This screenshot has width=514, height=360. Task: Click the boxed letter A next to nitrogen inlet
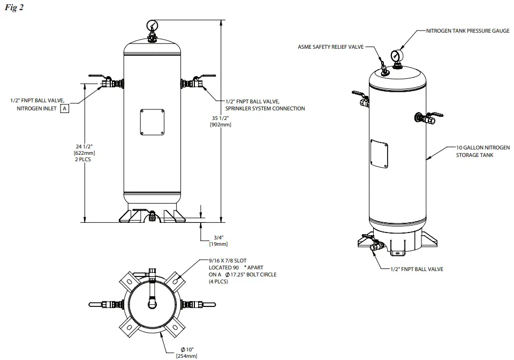(64, 108)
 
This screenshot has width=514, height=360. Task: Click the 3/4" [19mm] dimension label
(218, 240)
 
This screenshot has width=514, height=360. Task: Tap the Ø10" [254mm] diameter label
(186, 352)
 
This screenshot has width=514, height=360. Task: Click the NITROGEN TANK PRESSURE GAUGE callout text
(467, 31)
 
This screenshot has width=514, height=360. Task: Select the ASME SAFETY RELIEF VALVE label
(330, 47)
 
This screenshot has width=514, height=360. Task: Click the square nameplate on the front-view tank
(152, 123)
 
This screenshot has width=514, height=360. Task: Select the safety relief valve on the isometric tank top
(383, 66)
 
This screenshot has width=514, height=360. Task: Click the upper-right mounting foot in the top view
(179, 279)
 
